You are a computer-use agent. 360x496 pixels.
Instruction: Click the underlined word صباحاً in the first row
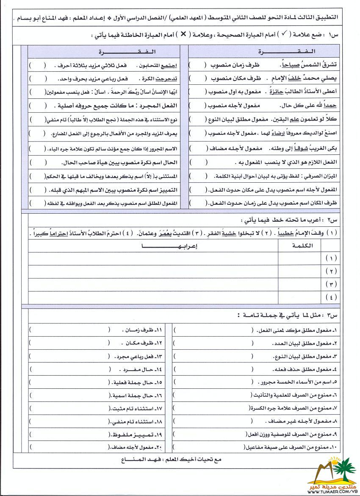point(288,65)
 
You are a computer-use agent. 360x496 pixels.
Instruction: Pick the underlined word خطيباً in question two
point(284,233)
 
